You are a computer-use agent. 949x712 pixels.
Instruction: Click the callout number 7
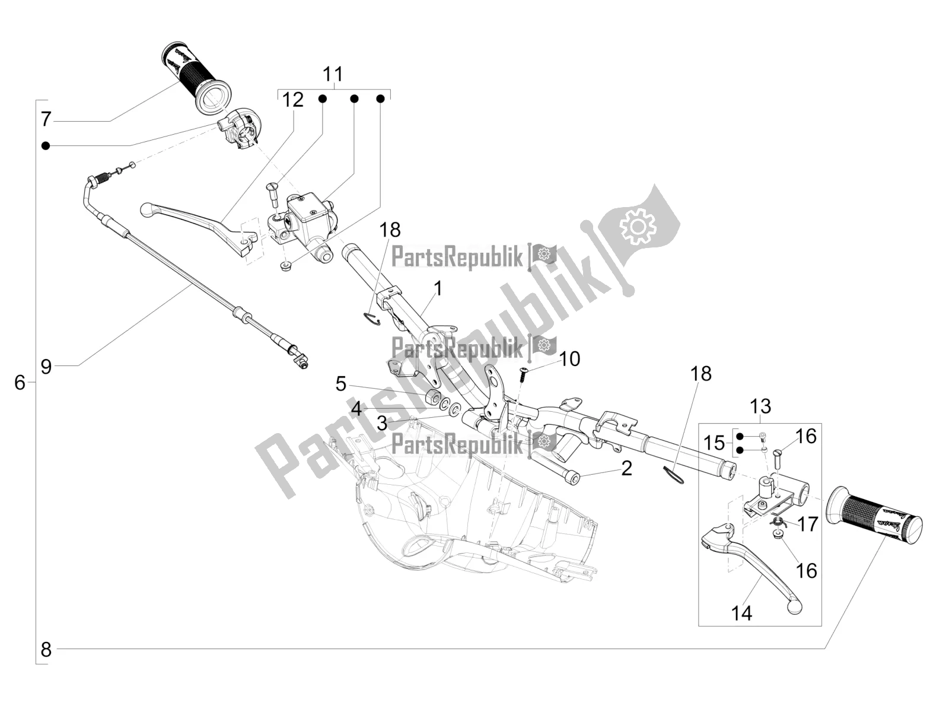click(x=46, y=119)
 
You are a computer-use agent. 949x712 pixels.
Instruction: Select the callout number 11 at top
click(x=333, y=75)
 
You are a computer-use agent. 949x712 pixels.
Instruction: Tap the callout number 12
click(x=292, y=100)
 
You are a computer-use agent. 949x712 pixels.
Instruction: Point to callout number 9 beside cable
click(x=46, y=366)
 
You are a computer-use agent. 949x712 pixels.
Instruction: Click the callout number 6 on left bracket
click(x=20, y=383)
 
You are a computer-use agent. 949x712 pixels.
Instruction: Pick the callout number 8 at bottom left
click(x=46, y=650)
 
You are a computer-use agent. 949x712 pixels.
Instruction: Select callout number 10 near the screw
click(x=569, y=359)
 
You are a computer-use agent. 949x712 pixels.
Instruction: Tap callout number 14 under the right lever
click(x=741, y=613)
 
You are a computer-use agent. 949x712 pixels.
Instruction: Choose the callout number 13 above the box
click(x=760, y=407)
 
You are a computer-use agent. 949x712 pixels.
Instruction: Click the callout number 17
click(x=808, y=524)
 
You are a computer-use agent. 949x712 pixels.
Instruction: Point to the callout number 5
click(x=340, y=384)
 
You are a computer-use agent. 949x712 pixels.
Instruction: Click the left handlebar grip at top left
click(x=195, y=78)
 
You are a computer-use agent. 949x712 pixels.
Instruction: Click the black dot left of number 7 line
click(x=46, y=145)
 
